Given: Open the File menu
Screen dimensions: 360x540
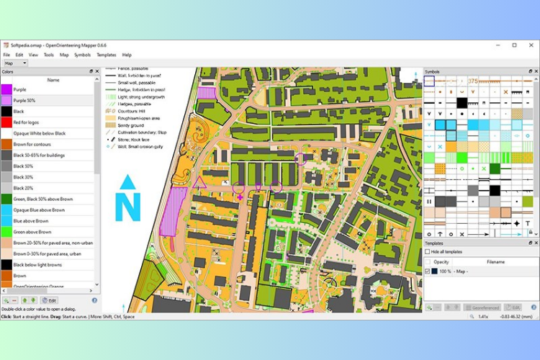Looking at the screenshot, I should click(x=6, y=55).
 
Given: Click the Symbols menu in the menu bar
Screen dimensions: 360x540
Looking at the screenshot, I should click(x=82, y=55).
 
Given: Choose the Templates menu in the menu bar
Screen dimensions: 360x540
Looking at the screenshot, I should click(x=107, y=55).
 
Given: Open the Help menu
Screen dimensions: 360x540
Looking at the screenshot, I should click(x=127, y=55).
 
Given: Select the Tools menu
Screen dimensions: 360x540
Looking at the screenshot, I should click(x=49, y=55).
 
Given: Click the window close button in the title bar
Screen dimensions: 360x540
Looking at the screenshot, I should click(x=531, y=45).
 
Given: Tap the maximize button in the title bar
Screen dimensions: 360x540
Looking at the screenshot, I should click(x=514, y=45).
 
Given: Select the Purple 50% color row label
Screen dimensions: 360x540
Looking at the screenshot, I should click(x=26, y=100).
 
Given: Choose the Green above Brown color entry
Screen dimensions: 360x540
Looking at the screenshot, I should click(x=32, y=232).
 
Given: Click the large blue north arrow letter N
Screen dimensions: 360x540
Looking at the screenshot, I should click(x=127, y=206).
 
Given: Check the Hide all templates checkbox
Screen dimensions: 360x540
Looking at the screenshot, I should click(x=428, y=252).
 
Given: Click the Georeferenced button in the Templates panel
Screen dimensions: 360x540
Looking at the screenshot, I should click(x=482, y=307).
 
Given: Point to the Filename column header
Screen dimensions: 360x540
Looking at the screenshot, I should click(x=496, y=261).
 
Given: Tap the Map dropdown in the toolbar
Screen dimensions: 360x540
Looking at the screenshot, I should click(x=15, y=63).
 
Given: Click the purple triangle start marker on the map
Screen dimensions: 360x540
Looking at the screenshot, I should click(x=199, y=183).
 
